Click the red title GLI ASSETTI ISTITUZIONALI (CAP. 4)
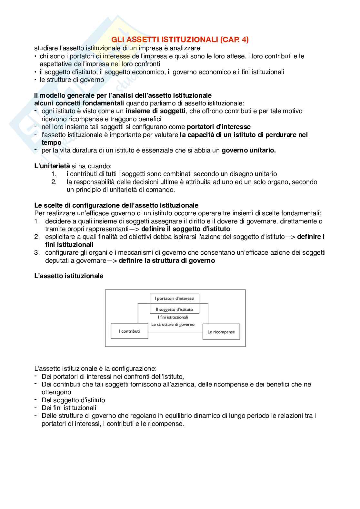point(180,40)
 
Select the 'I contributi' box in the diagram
point(129,331)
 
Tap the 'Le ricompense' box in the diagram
point(221,332)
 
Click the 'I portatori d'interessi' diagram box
point(175,299)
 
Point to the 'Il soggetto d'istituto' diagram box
point(175,309)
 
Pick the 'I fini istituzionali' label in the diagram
point(173,317)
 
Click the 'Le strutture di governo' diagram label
point(173,324)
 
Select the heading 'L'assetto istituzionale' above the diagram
point(69,276)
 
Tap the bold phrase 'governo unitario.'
point(248,150)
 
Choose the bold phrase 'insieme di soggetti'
point(155,111)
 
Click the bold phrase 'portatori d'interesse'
point(218,127)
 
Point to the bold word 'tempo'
point(51,142)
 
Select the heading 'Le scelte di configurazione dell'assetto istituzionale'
point(116,205)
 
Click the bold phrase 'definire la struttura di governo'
point(167,260)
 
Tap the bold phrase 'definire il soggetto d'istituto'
point(186,229)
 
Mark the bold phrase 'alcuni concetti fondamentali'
point(79,103)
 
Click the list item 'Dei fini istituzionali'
point(69,408)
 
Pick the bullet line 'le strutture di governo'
point(72,80)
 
